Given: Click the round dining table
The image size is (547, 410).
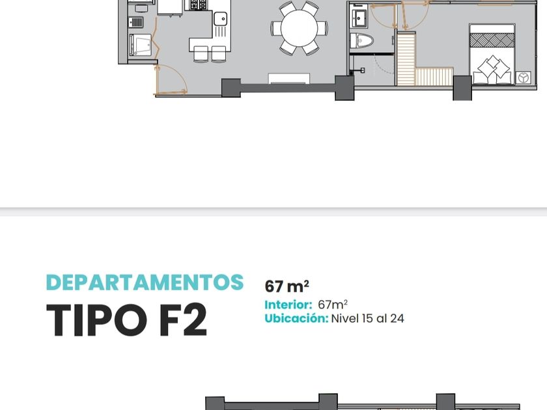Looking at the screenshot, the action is tap(299, 28).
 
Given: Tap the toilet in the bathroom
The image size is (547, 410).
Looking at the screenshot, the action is tap(362, 40).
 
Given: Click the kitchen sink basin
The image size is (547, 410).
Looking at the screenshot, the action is tap(221, 18).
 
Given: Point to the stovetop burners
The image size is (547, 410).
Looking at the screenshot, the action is tap(199, 5).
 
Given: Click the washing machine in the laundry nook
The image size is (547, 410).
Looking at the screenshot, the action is tap(140, 45).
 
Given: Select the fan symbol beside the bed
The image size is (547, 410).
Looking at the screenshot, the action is tap(523, 77).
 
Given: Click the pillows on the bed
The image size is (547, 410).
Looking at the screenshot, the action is tap(492, 70).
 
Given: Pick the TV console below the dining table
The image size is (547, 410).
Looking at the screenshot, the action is tap(289, 79).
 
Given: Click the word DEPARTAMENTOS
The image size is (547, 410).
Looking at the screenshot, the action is tap(145, 282).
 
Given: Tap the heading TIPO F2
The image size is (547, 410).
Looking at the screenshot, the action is tap(126, 320).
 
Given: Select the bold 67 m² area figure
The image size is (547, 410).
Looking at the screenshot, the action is tap(287, 286).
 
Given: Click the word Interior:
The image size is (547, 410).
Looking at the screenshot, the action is tap(288, 305).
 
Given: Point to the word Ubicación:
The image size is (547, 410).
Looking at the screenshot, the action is tap(296, 318).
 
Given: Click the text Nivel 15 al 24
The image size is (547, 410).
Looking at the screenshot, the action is tap(368, 318).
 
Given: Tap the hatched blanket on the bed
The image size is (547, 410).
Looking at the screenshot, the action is tap(492, 40).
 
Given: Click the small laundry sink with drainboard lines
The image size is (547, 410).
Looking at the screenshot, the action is tap(136, 23).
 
